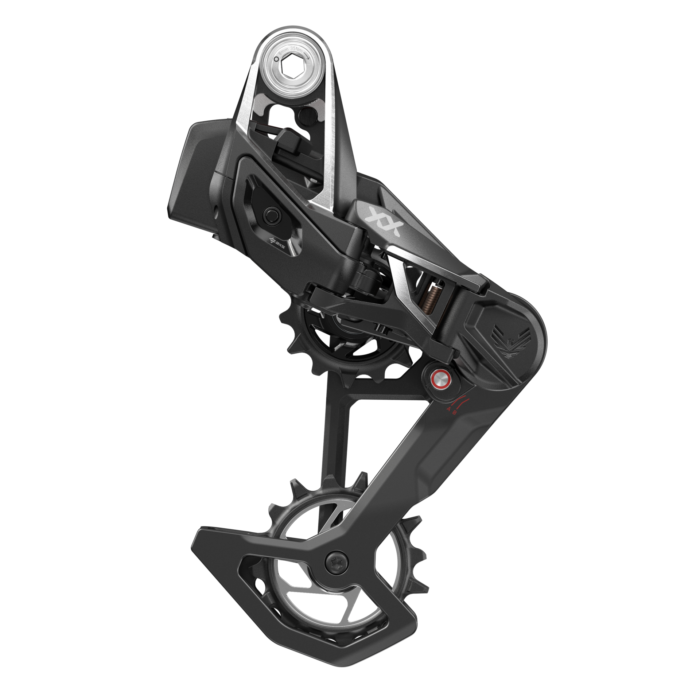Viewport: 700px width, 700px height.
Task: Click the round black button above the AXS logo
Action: [271, 214]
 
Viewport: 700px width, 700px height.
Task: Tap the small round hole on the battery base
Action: [218, 210]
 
